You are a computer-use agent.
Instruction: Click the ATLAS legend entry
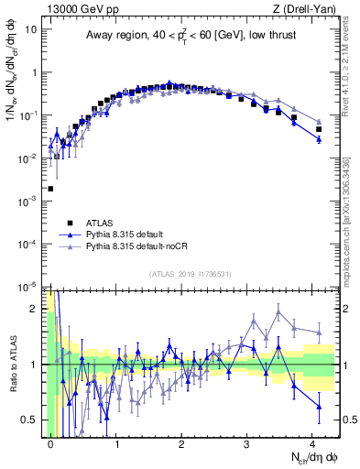(99, 222)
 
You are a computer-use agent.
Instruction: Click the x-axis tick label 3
(246, 442)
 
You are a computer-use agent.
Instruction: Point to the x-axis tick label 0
(50, 442)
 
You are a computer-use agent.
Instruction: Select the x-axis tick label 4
(312, 442)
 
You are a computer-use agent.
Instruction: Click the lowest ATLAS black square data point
(50, 189)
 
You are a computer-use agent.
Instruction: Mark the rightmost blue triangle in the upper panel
(319, 139)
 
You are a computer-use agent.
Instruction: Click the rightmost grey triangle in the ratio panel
(319, 332)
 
